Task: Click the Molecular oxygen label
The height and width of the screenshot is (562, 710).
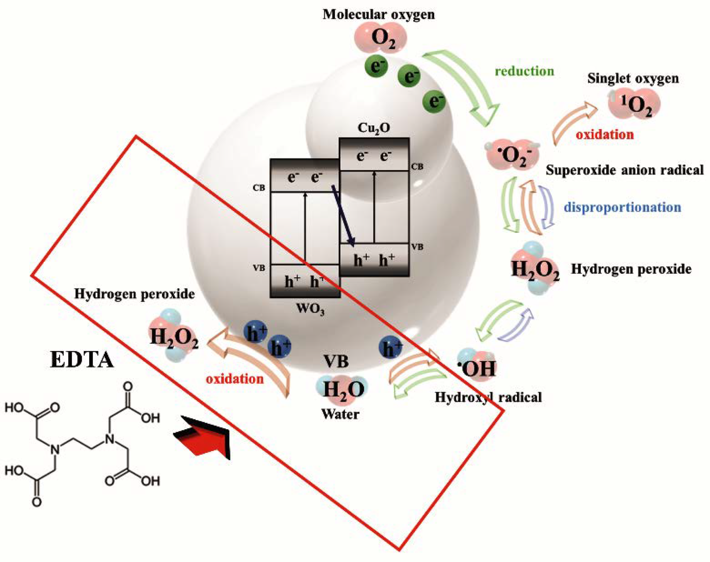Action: coord(378,15)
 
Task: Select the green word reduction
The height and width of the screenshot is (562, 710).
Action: coord(524,71)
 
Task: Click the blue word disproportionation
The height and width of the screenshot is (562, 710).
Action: coord(623,207)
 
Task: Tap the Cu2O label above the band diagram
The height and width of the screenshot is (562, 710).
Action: coord(373,128)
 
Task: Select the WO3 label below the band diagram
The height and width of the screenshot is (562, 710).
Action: coord(310,309)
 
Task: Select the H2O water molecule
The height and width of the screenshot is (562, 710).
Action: coord(342,389)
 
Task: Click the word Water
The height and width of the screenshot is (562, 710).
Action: coord(340,414)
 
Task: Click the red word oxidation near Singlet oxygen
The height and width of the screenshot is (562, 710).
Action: coord(605,135)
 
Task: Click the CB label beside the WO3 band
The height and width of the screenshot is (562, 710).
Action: coord(259,188)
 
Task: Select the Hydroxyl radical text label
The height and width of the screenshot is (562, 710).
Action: coord(488,397)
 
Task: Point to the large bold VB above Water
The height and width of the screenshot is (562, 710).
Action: coord(336,362)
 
